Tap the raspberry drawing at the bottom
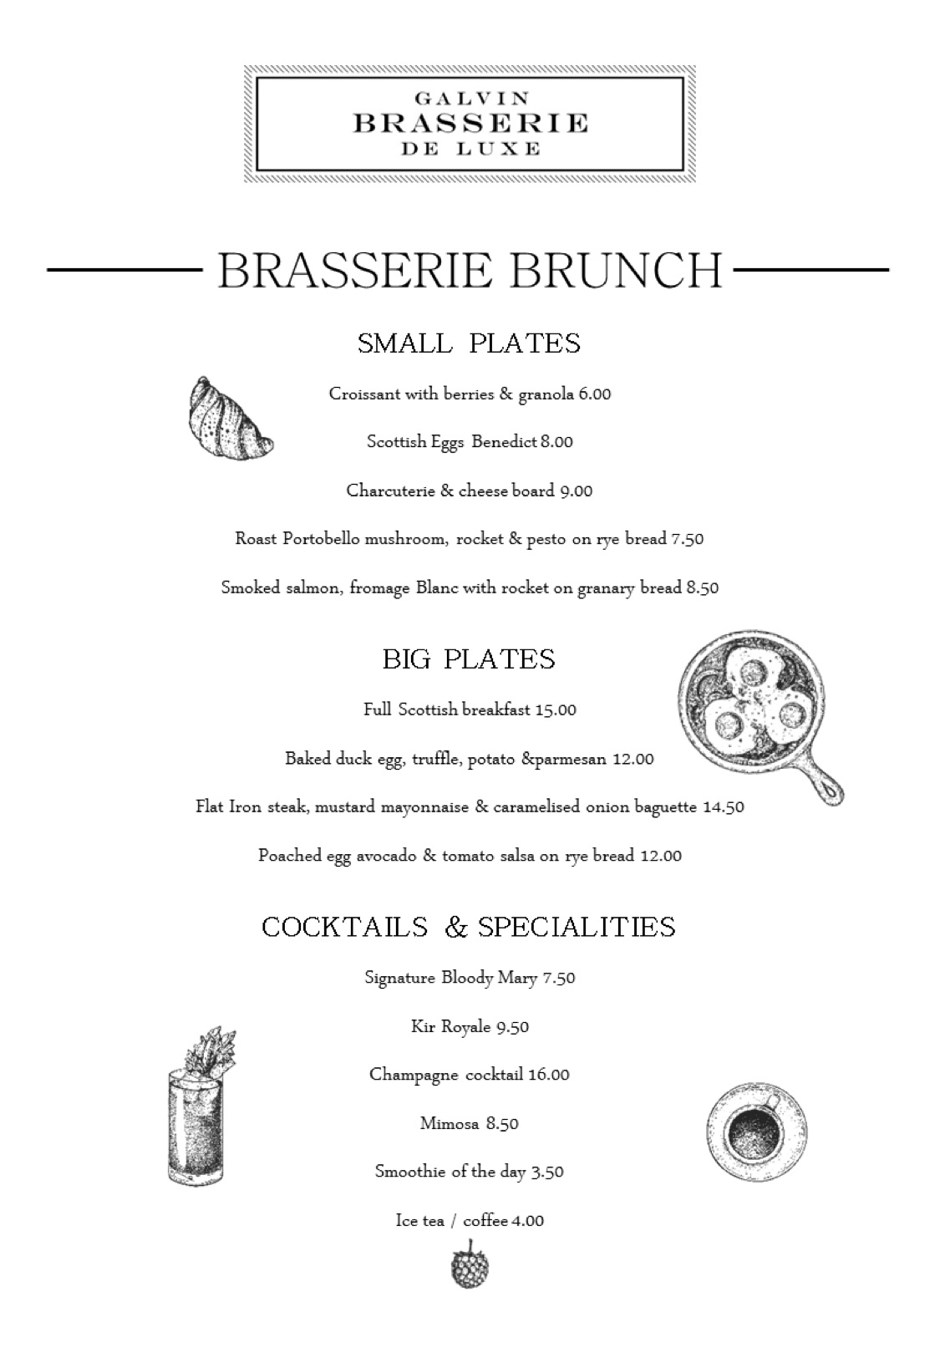click(469, 1265)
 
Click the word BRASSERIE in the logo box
click(470, 124)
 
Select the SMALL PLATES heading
click(469, 343)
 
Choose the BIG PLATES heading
click(469, 659)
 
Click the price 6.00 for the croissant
click(595, 394)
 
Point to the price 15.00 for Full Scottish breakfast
click(556, 710)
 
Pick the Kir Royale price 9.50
click(512, 1027)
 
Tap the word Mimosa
click(450, 1124)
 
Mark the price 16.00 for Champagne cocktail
click(548, 1075)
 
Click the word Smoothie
click(410, 1172)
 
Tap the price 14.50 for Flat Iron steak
click(724, 807)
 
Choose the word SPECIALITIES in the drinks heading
click(577, 927)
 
